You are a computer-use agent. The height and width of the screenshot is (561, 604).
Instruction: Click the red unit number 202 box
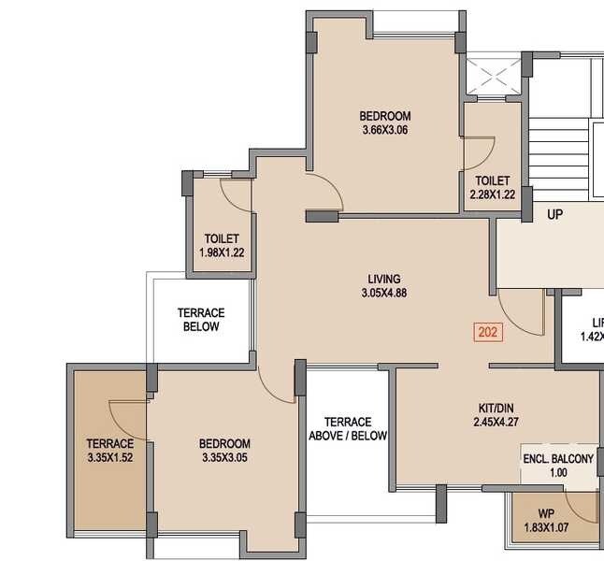(487, 331)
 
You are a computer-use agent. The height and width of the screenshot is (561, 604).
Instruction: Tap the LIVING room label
(384, 279)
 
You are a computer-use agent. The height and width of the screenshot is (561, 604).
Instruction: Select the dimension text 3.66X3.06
(386, 130)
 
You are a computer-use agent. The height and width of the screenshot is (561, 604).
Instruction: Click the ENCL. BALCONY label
(558, 459)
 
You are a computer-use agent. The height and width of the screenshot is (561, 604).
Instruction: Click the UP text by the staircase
(555, 215)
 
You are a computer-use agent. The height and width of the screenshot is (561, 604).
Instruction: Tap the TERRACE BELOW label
(201, 320)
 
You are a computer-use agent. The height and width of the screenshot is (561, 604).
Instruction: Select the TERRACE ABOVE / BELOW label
(348, 429)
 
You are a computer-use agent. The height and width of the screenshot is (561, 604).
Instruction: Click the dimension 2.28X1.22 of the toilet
(492, 194)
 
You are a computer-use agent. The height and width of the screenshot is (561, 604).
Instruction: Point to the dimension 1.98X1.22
(222, 252)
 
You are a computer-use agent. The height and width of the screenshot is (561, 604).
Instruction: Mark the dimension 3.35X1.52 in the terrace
(110, 457)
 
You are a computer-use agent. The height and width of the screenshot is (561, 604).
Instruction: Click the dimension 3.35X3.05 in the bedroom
(224, 457)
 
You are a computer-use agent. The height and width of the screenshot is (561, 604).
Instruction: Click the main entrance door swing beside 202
(522, 312)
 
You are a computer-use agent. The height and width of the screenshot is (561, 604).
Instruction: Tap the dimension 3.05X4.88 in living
(384, 293)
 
